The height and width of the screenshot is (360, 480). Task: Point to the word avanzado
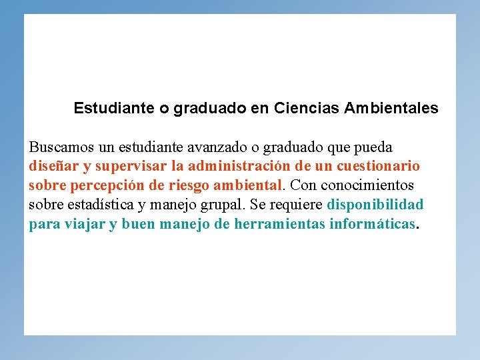(x=217, y=147)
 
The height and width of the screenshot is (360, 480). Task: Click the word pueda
(x=375, y=147)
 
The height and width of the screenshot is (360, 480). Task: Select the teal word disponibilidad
(x=375, y=205)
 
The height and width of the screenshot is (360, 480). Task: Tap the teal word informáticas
(x=372, y=224)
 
